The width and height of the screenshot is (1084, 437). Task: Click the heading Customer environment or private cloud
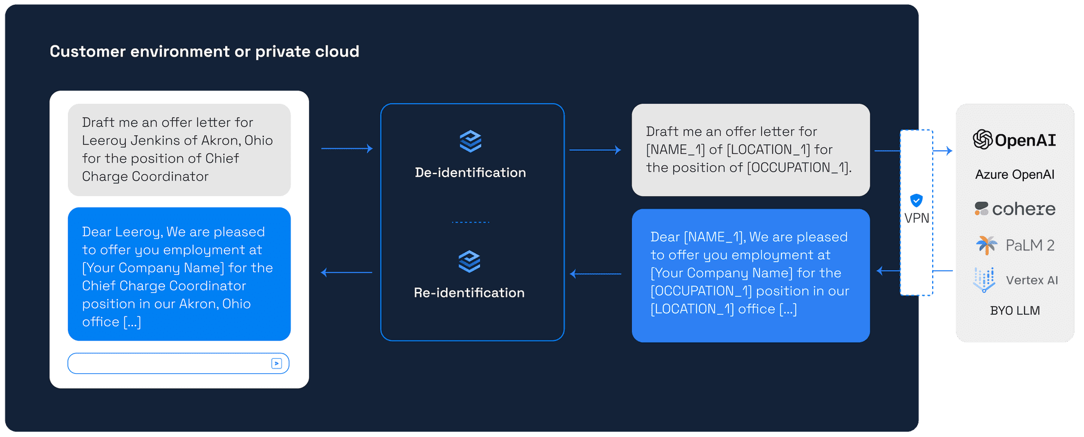coord(204,52)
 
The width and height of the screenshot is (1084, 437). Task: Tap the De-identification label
coord(470,173)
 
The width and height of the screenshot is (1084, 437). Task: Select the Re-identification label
coord(469,293)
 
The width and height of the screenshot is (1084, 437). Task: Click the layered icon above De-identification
coord(470,141)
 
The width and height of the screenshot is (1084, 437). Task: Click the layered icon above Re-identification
coord(469,261)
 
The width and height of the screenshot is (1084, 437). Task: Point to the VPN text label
coord(916,218)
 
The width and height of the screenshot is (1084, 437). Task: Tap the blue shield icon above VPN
coord(916,200)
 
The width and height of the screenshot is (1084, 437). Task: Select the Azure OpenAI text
coord(1014,175)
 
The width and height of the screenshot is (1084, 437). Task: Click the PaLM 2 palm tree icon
coord(986,244)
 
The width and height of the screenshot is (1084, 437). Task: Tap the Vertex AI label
coord(1032,280)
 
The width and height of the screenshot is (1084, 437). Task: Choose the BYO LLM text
coord(1014,311)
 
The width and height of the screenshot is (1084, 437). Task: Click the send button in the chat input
coord(276,364)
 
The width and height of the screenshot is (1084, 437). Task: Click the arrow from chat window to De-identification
coord(347,148)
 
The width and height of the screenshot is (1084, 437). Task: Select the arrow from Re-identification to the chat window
coord(347,272)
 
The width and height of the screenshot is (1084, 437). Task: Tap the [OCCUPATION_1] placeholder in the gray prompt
coord(798,168)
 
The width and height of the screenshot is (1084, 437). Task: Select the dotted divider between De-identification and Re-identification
coord(470,222)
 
